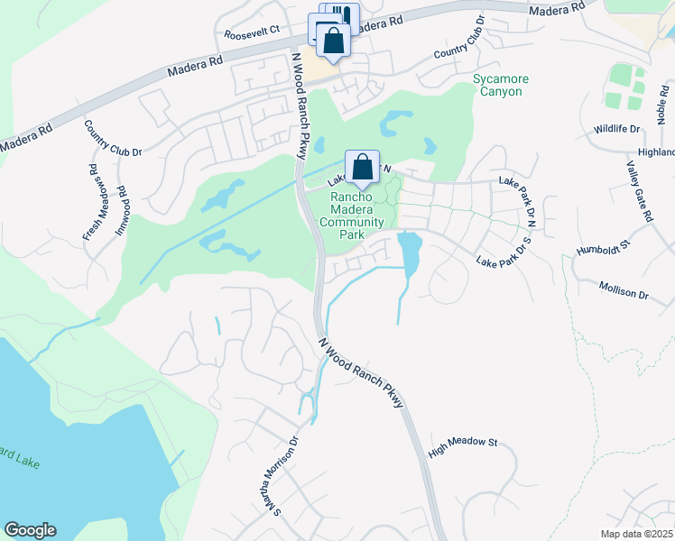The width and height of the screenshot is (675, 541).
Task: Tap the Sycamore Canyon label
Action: point(501,86)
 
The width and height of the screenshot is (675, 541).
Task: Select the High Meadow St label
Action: point(464,444)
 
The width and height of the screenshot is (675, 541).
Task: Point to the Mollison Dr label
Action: point(624,289)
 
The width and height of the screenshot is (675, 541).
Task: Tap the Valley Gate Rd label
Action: point(639,192)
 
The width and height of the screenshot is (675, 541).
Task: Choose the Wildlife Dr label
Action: point(616,130)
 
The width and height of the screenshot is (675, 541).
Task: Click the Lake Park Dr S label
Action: point(508,253)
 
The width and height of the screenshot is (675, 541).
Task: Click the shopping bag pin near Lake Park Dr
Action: point(362,167)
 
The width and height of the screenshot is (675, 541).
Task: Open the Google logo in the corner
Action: point(30,530)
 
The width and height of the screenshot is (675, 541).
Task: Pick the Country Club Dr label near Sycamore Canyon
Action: point(459,39)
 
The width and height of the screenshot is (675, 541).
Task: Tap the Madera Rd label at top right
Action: point(553,10)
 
